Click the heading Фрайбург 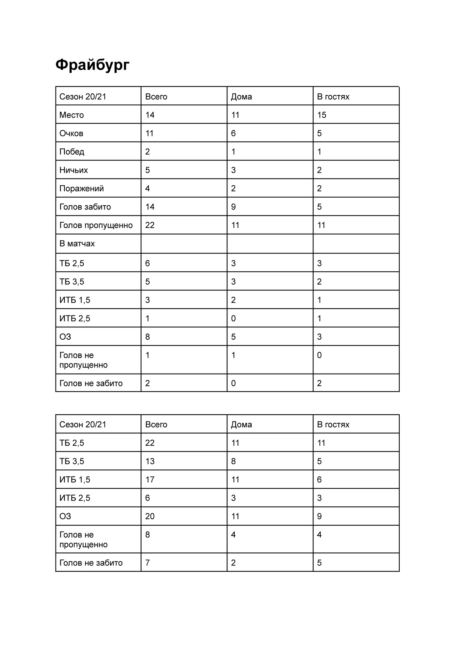92,65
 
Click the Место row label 72,115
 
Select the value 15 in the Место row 322,115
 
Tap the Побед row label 72,152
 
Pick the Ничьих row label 73,170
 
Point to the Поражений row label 81,188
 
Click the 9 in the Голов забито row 233,207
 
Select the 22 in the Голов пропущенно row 150,225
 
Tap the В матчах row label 77,244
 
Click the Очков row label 71,134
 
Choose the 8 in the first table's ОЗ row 147,337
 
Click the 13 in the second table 150,461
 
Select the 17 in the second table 150,480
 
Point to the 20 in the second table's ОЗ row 150,516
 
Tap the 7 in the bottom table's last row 147,563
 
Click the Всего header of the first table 156,97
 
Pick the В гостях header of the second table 333,425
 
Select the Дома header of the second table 241,425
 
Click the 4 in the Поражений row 147,188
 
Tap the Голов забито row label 85,207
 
